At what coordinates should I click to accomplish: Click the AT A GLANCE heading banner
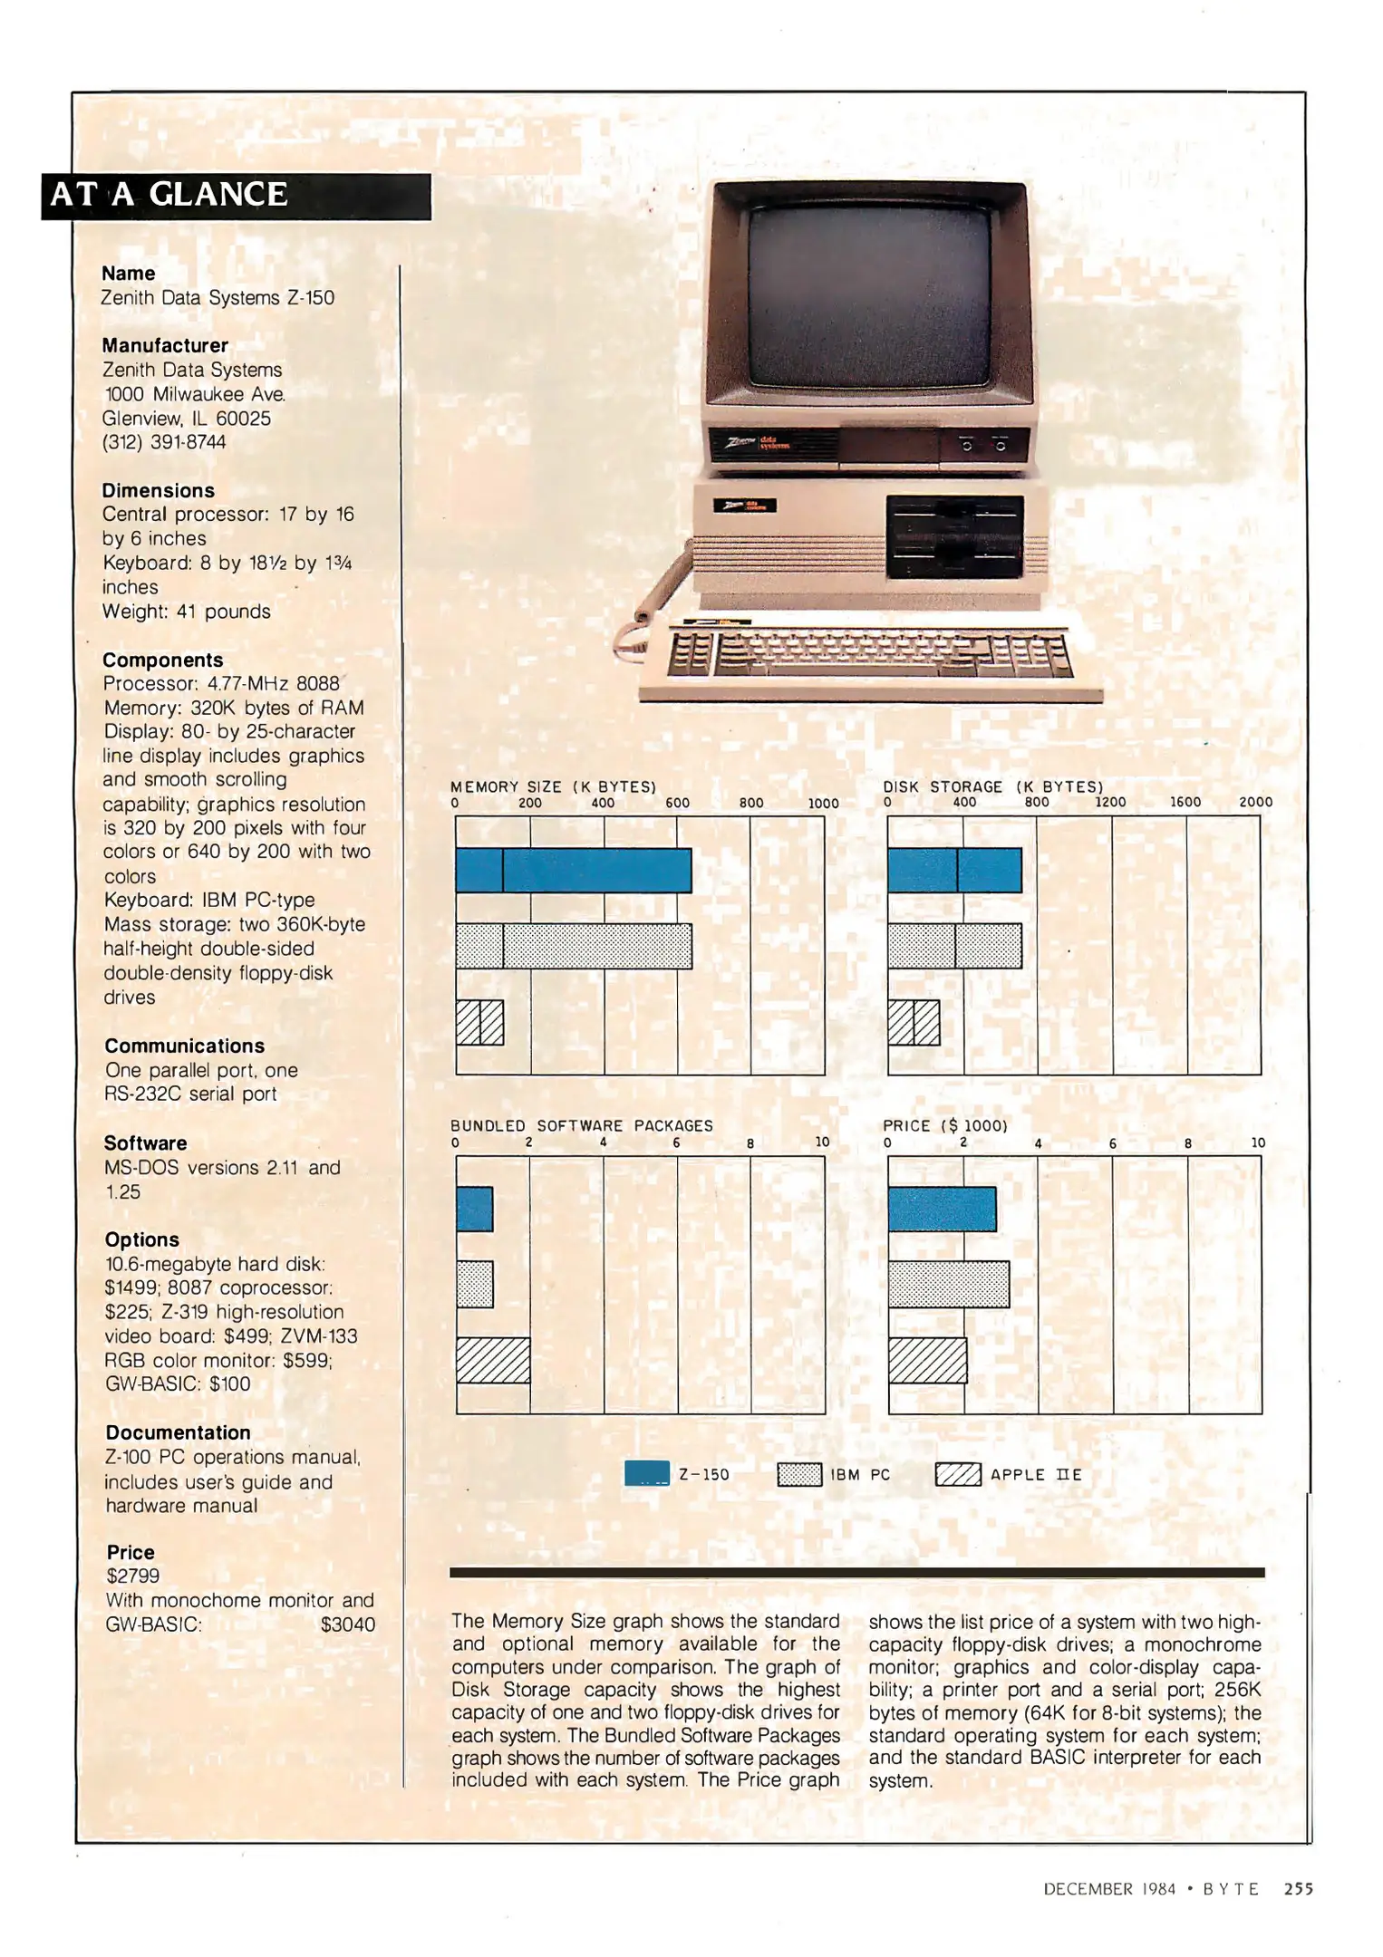pyautogui.click(x=237, y=196)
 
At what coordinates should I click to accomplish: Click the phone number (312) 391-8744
pyautogui.click(x=164, y=442)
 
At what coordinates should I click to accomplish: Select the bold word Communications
pyautogui.click(x=185, y=1046)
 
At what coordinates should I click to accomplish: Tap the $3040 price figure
pyautogui.click(x=348, y=1624)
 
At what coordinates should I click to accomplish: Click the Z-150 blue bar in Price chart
pyautogui.click(x=942, y=1209)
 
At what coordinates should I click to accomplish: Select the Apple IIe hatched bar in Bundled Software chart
pyautogui.click(x=493, y=1360)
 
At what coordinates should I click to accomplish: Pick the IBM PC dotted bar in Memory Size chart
pyautogui.click(x=574, y=946)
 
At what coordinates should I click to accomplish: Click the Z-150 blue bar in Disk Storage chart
pyautogui.click(x=955, y=870)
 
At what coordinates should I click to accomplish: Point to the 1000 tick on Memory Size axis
pyautogui.click(x=823, y=804)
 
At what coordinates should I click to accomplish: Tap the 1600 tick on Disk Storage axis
pyautogui.click(x=1185, y=803)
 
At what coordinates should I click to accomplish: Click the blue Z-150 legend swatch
pyautogui.click(x=647, y=1474)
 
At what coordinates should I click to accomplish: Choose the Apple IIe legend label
pyautogui.click(x=1036, y=1475)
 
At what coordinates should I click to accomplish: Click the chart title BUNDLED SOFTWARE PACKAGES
pyautogui.click(x=582, y=1126)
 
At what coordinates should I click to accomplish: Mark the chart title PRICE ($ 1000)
pyautogui.click(x=945, y=1126)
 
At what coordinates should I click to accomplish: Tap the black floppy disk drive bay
pyautogui.click(x=954, y=537)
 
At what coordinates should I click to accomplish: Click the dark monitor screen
pyautogui.click(x=869, y=294)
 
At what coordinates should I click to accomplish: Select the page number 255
pyautogui.click(x=1299, y=1889)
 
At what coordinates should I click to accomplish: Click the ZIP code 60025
pyautogui.click(x=243, y=419)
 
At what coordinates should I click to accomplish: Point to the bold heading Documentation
pyautogui.click(x=179, y=1432)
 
